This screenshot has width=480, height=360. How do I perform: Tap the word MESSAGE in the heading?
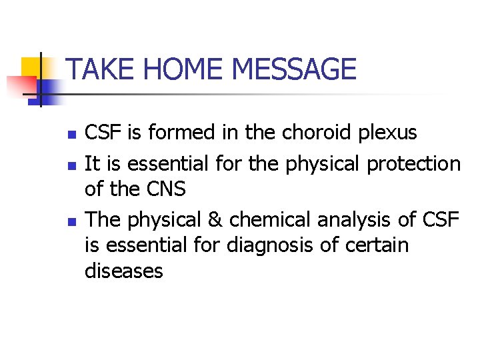(x=293, y=69)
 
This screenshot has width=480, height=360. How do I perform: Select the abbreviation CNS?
(x=166, y=189)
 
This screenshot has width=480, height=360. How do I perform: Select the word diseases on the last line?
(x=124, y=271)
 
